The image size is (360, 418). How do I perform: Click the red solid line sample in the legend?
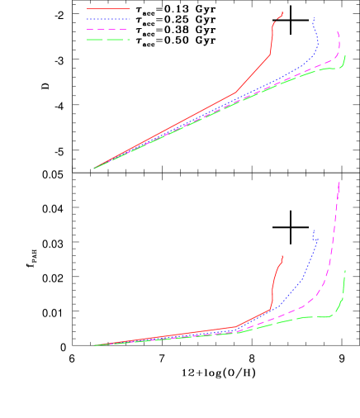(x=108, y=9)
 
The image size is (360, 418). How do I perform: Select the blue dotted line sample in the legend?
(x=108, y=19)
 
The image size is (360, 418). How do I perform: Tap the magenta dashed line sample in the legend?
(x=108, y=29)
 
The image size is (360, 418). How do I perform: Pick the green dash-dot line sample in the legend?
(x=108, y=39)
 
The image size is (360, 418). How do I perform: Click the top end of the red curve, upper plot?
(x=283, y=12)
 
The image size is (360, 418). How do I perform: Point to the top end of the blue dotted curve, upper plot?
(x=314, y=17)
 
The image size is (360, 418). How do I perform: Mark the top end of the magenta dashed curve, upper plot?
(x=338, y=31)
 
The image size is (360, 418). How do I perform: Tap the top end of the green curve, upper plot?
(x=345, y=55)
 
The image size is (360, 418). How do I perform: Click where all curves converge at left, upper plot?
(x=94, y=169)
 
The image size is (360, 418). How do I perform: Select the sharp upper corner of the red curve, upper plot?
(x=271, y=55)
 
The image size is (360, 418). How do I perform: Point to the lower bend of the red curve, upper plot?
(x=236, y=93)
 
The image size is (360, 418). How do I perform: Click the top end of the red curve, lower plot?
(x=283, y=255)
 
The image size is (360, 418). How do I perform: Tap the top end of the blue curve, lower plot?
(x=314, y=229)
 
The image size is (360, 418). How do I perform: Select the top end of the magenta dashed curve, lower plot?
(x=339, y=182)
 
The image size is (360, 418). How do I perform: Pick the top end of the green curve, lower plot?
(x=345, y=270)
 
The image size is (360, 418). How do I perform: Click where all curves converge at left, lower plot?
(x=94, y=345)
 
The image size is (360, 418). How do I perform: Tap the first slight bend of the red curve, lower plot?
(x=236, y=327)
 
